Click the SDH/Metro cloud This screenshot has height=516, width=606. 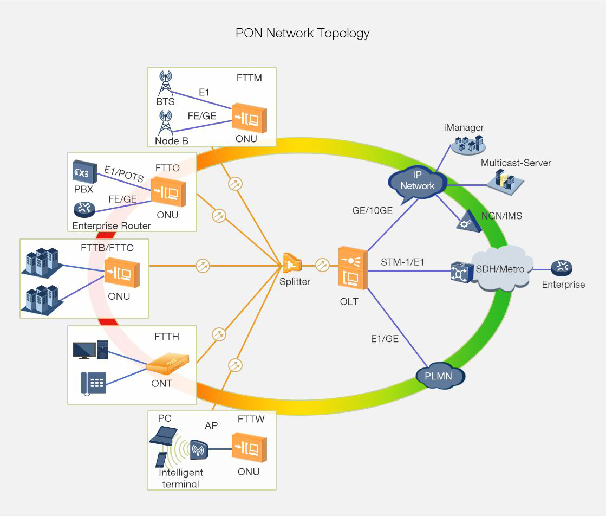point(501,269)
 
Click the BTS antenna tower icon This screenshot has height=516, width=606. point(165,83)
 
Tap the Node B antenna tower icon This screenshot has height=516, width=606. point(165,122)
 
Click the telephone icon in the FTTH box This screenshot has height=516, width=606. point(93,383)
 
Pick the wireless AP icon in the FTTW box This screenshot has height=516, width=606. point(199,449)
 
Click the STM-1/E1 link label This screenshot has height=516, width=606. point(402,263)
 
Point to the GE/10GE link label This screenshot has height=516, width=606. point(372,211)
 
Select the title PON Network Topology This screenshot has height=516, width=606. point(302,33)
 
